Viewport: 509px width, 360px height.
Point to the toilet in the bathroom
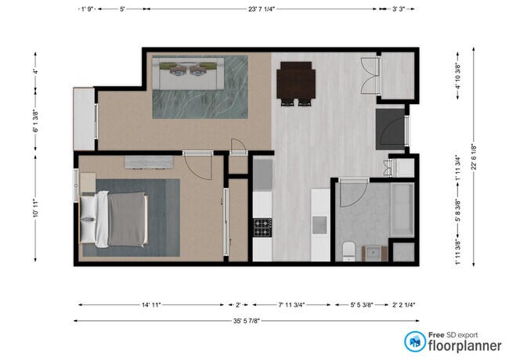coord(349,250)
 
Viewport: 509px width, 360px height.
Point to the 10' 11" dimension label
coord(35,212)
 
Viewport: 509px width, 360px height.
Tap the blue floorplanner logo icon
coord(413,340)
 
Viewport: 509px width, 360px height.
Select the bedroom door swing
coord(204,165)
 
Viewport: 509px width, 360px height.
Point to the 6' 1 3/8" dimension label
coord(35,121)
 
